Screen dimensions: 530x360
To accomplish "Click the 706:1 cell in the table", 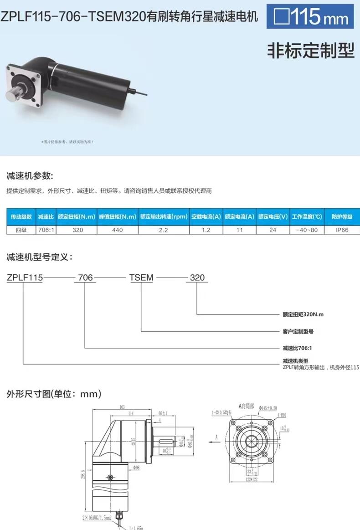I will pyautogui.click(x=46, y=230).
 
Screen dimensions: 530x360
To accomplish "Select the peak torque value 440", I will pyautogui.click(x=117, y=230).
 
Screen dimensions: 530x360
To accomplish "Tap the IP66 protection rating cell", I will pyautogui.click(x=342, y=230).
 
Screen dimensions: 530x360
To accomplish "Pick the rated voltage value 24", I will pyautogui.click(x=273, y=230).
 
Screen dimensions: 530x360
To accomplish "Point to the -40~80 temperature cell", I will pyautogui.click(x=307, y=230).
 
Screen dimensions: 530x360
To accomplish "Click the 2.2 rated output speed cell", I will pyautogui.click(x=164, y=230).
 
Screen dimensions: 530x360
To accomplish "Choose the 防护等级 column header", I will pyautogui.click(x=342, y=217).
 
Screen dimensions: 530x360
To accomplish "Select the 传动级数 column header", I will pyautogui.click(x=21, y=217).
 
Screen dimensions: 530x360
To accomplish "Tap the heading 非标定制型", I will pyautogui.click(x=310, y=51).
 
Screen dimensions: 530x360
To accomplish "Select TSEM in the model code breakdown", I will pyautogui.click(x=141, y=278).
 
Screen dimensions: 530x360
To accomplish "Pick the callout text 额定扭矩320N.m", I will pyautogui.click(x=303, y=314).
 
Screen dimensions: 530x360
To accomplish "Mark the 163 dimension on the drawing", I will pyautogui.click(x=122, y=407).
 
